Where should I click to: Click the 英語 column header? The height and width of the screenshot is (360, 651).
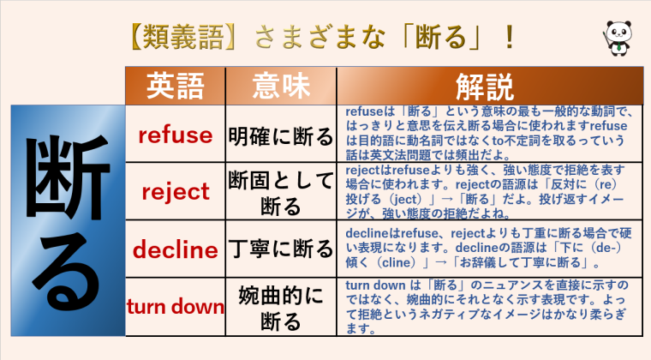click(175, 86)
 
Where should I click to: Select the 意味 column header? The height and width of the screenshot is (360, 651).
click(280, 86)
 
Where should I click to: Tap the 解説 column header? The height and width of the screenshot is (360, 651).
click(485, 86)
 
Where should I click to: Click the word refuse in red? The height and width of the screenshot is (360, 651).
click(175, 135)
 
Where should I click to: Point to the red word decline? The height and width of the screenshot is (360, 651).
click(175, 249)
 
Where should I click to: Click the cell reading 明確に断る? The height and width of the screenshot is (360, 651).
click(280, 135)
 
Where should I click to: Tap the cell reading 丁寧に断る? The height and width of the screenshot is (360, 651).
click(280, 249)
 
